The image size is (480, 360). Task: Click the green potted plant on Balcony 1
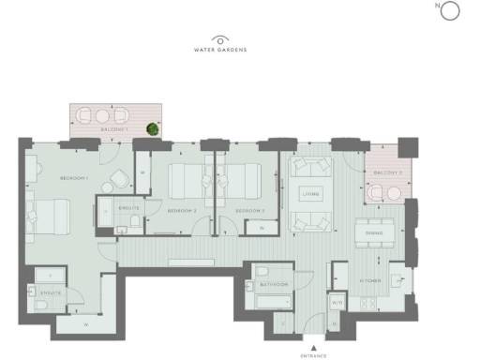coord(151,128)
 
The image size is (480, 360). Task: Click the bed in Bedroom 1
coord(44,218)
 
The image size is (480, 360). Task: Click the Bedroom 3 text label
coord(248,212)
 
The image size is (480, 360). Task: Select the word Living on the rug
coord(310,194)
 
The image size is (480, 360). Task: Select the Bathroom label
coord(273,284)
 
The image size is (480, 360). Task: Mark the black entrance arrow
coord(314,348)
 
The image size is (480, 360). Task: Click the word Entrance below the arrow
coord(314,356)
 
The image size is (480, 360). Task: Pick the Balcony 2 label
coord(388,173)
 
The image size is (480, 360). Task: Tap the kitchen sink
coord(398,278)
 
